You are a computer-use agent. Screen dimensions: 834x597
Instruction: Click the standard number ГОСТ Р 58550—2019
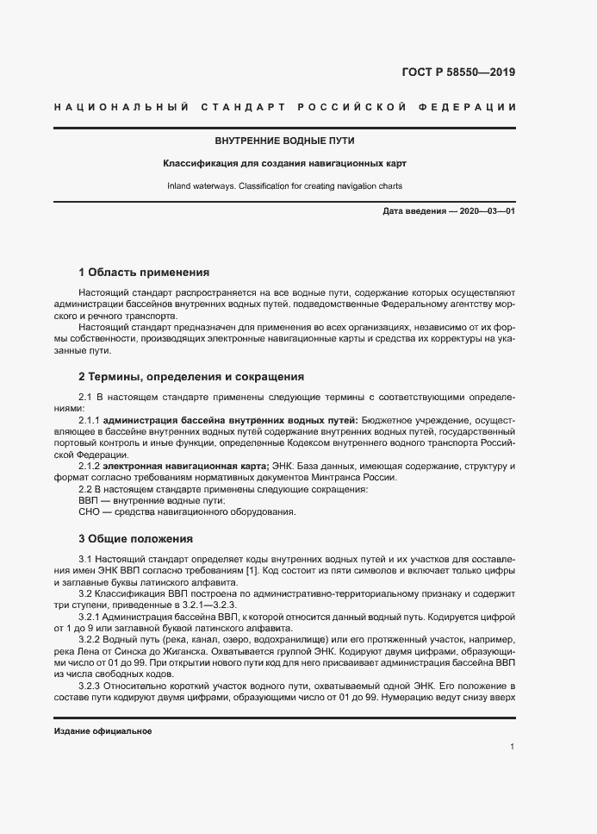(x=459, y=72)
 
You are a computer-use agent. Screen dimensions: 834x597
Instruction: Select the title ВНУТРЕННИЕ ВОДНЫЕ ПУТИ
(x=284, y=141)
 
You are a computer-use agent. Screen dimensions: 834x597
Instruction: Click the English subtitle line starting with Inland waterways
(x=284, y=185)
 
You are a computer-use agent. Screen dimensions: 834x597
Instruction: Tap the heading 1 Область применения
(x=144, y=272)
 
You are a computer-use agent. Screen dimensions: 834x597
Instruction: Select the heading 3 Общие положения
(x=135, y=539)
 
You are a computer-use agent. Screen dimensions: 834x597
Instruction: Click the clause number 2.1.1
(x=89, y=419)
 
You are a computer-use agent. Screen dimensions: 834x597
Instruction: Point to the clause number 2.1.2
(x=89, y=466)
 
